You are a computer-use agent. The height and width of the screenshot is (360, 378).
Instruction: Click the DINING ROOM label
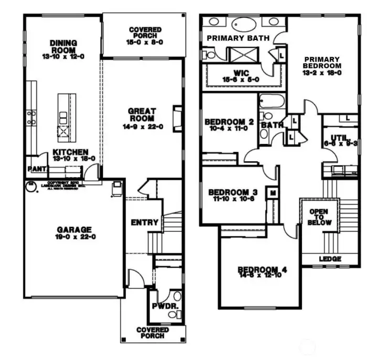[x=64, y=43]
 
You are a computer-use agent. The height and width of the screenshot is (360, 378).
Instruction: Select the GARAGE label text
[x=74, y=230]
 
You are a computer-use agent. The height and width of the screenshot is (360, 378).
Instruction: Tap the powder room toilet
[x=174, y=314]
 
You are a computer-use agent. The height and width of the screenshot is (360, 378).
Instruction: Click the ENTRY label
[x=144, y=222]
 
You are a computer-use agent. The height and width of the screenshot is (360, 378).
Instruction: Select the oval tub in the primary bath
[x=243, y=24]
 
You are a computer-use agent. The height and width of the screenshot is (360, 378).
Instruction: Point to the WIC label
[x=241, y=73]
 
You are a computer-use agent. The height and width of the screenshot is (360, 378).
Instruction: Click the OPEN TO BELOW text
[x=319, y=217]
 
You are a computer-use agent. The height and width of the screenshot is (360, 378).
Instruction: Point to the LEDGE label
[x=330, y=259]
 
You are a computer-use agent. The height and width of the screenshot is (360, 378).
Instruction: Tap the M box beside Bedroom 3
[x=273, y=193]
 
